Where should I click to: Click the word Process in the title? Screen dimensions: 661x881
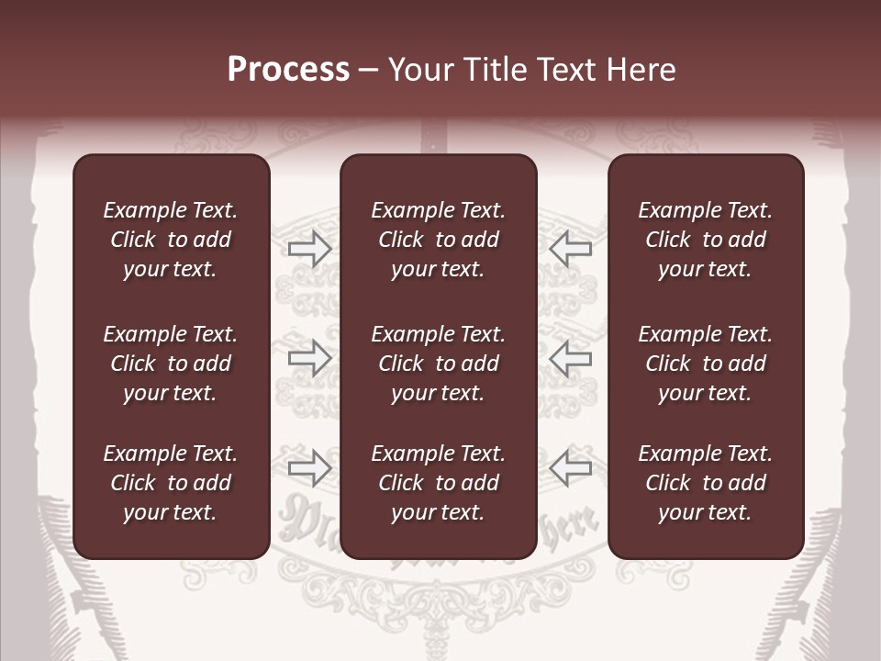(x=288, y=70)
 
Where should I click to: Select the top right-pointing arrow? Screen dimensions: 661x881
(x=309, y=249)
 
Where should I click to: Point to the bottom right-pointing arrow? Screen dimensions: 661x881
(x=309, y=468)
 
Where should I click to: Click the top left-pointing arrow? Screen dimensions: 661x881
(x=571, y=249)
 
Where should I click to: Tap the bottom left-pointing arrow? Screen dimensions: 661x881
(x=571, y=468)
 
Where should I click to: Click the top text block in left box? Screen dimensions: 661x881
(x=171, y=240)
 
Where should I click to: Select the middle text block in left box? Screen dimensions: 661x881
(x=171, y=364)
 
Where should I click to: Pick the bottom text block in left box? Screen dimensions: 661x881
(x=171, y=483)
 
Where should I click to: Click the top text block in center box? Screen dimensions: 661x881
(x=438, y=240)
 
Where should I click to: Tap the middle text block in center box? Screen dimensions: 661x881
(x=438, y=364)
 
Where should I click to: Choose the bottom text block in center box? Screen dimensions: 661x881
(x=438, y=483)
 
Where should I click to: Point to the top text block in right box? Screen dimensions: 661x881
(x=705, y=240)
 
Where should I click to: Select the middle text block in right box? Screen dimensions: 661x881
(x=705, y=364)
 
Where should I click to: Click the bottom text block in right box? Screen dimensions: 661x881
(x=705, y=483)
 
